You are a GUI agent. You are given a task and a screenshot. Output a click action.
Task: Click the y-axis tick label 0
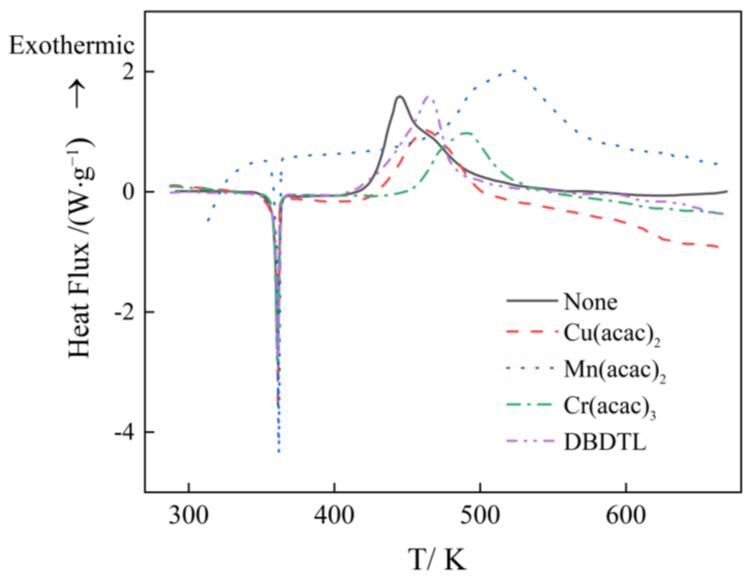[x=128, y=192]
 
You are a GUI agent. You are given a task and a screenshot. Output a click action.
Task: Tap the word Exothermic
[x=71, y=46]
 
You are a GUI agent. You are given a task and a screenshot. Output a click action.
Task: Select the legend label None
[x=590, y=302]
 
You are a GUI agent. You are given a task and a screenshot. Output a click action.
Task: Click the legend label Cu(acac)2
[x=612, y=334]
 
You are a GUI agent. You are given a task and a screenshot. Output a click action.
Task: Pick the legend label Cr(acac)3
[x=609, y=407]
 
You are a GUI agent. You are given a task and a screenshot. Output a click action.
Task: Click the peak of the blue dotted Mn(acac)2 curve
[x=514, y=71]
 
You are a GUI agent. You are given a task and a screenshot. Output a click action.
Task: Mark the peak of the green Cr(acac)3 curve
[x=466, y=133]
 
